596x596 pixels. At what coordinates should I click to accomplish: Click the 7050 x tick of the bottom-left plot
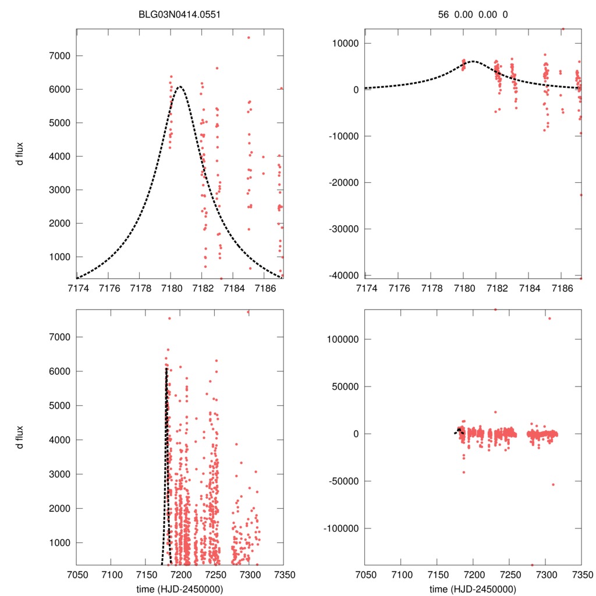(77, 574)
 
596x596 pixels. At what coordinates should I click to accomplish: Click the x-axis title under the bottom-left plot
(180, 588)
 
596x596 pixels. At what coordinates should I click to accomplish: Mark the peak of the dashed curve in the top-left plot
(179, 87)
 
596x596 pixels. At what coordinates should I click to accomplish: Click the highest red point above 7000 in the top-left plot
(249, 37)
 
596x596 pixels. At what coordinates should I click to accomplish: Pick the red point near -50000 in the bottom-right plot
(553, 484)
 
